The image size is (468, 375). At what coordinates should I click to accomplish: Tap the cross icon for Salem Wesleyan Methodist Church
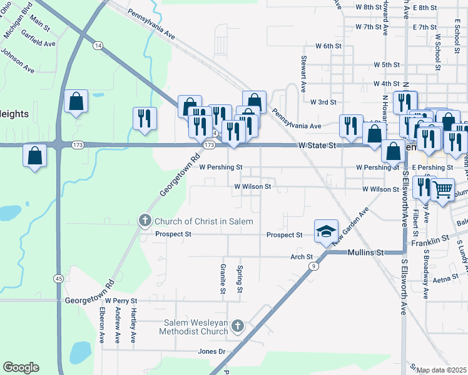(238, 326)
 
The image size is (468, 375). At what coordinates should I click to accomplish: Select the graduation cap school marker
(326, 231)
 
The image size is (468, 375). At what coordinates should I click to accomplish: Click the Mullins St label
(365, 252)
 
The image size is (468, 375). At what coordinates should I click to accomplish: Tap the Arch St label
(301, 257)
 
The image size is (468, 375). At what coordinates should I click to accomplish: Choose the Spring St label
(240, 279)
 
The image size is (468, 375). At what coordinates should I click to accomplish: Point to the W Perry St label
(121, 301)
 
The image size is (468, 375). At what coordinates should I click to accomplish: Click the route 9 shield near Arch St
(312, 266)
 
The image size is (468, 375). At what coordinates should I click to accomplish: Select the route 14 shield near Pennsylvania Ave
(98, 46)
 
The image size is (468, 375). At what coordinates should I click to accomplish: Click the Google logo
(21, 367)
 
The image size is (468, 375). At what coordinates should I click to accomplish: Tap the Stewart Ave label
(303, 74)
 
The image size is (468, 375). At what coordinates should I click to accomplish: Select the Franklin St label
(430, 239)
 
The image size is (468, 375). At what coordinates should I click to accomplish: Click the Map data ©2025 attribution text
(441, 370)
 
